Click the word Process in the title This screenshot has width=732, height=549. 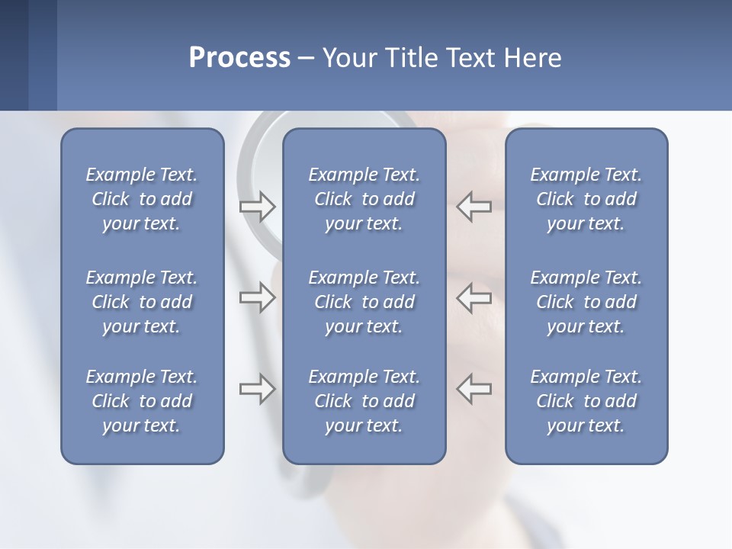239,58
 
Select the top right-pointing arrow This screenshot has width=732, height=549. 258,207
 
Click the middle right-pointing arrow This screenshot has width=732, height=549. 258,297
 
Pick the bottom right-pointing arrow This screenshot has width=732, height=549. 258,389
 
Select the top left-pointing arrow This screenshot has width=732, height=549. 474,207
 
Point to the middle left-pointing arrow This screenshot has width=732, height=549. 474,297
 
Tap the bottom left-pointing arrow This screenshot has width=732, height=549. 474,389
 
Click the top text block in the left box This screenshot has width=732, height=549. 142,199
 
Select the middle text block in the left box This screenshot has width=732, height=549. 142,302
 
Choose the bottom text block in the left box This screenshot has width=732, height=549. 142,401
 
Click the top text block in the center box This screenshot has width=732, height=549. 364,199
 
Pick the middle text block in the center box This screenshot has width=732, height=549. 364,302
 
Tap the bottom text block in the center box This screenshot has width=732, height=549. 364,401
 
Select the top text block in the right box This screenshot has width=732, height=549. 586,199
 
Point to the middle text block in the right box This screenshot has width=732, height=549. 586,302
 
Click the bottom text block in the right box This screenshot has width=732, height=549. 586,401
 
